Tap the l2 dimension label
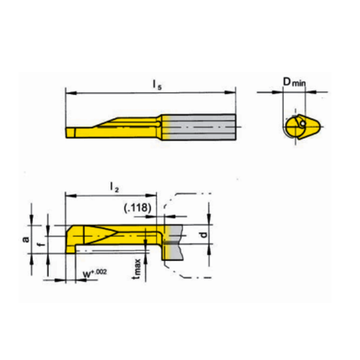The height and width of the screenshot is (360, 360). (x=114, y=186)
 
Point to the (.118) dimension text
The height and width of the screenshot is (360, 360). (x=137, y=208)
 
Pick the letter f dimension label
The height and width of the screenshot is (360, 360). (x=41, y=244)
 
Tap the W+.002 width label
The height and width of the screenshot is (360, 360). (x=90, y=270)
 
